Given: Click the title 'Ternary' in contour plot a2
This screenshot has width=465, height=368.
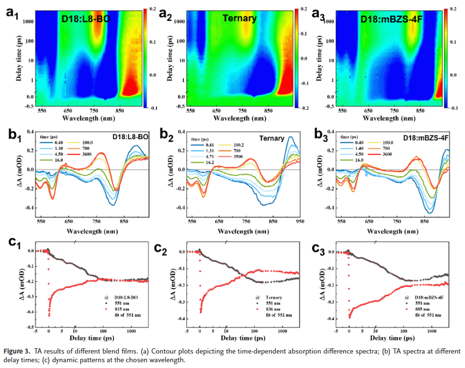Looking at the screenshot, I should [x=239, y=19].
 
